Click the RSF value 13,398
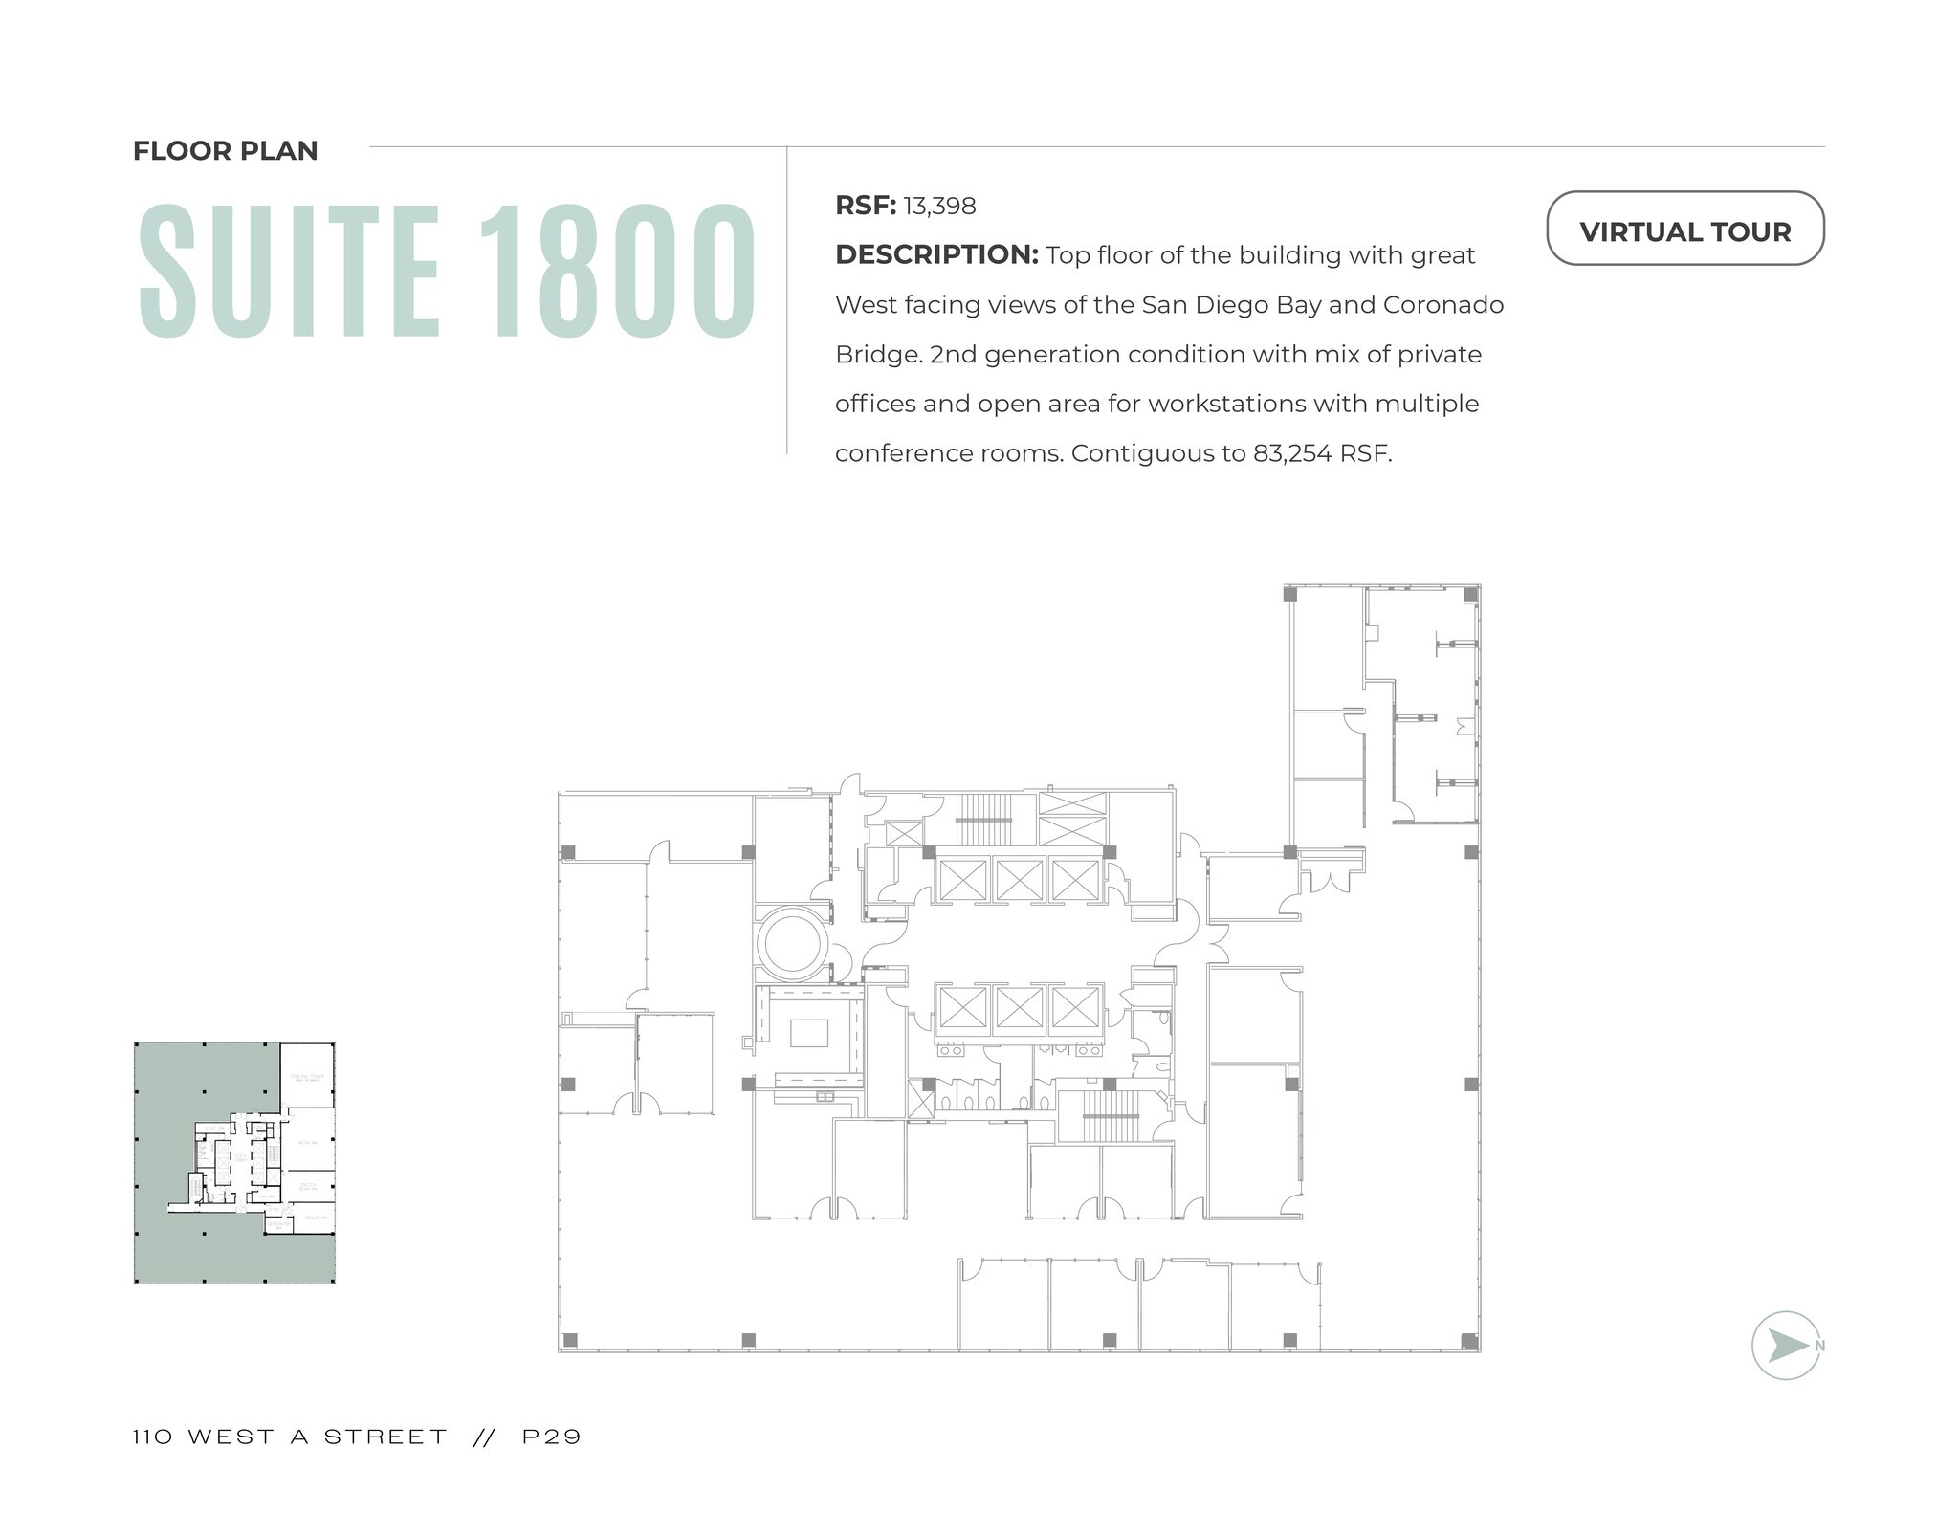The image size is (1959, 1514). (x=939, y=206)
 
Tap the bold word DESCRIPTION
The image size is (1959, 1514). (x=935, y=254)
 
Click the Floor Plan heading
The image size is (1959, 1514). (x=225, y=151)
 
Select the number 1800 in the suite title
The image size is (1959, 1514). (x=617, y=272)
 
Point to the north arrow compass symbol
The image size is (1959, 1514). (x=1785, y=1345)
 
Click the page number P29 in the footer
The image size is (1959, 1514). (x=552, y=1437)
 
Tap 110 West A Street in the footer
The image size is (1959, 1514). (x=290, y=1437)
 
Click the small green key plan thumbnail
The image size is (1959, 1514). (x=234, y=1162)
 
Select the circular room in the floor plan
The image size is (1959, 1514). (x=792, y=943)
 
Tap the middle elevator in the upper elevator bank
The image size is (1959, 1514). (x=1019, y=880)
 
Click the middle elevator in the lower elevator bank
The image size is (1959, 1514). (x=1019, y=1008)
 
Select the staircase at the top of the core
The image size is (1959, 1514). (x=983, y=819)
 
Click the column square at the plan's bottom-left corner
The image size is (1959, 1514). (x=569, y=1340)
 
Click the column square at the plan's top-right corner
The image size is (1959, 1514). (x=1470, y=594)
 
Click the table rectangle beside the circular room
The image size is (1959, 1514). (x=808, y=1033)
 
